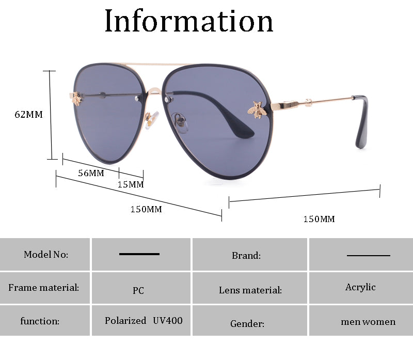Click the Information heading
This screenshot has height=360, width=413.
pyautogui.click(x=189, y=21)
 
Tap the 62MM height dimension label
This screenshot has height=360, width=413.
pyautogui.click(x=29, y=115)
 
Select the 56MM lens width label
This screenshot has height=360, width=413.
pyautogui.click(x=91, y=173)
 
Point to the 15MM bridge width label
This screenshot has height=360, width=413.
pyautogui.click(x=131, y=184)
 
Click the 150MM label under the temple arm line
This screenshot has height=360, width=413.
pyautogui.click(x=319, y=220)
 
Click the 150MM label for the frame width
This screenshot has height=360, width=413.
pyautogui.click(x=146, y=209)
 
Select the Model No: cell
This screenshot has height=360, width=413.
pyautogui.click(x=46, y=254)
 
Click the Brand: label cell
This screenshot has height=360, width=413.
pyautogui.click(x=246, y=255)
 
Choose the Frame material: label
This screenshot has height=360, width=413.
pyautogui.click(x=44, y=287)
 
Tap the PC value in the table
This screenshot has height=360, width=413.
pyautogui.click(x=138, y=290)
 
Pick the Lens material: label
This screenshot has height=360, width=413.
pyautogui.click(x=250, y=290)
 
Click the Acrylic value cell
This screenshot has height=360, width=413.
pyautogui.click(x=360, y=287)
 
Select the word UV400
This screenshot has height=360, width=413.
pyautogui.click(x=168, y=320)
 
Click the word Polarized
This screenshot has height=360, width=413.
pyautogui.click(x=125, y=321)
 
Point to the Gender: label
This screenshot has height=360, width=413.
pyautogui.click(x=247, y=324)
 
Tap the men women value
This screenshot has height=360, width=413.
pyautogui.click(x=368, y=322)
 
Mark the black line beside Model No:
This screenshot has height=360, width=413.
pyautogui.click(x=139, y=254)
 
